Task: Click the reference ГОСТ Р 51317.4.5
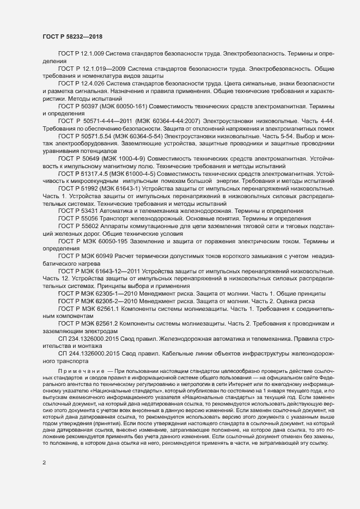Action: point(86,173)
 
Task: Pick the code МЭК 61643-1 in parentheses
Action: point(117,187)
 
